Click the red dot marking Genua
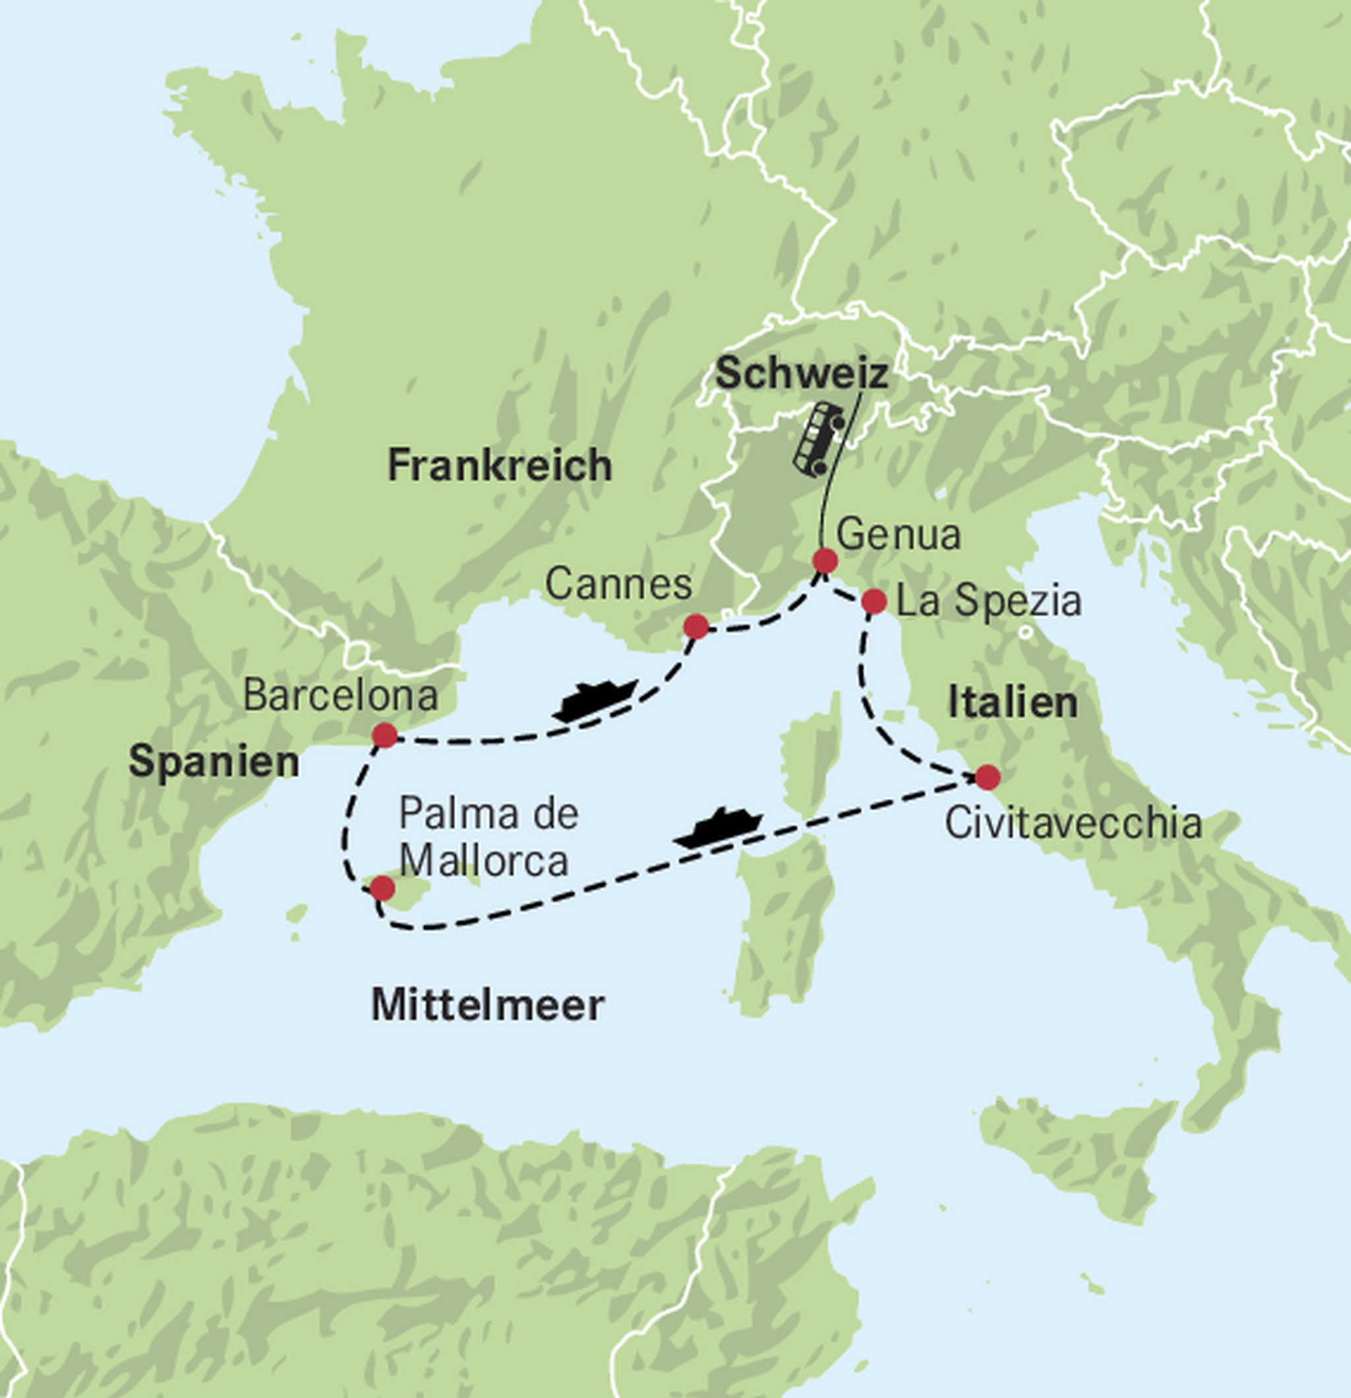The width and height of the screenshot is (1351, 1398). pyautogui.click(x=825, y=561)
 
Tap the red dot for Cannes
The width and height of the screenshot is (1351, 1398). pyautogui.click(x=696, y=627)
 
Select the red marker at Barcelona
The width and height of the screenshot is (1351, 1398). pyautogui.click(x=385, y=735)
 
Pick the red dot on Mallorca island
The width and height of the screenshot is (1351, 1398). pyautogui.click(x=383, y=889)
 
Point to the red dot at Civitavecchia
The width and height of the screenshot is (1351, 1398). pyautogui.click(x=988, y=777)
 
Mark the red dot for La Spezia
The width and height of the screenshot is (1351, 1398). pyautogui.click(x=874, y=601)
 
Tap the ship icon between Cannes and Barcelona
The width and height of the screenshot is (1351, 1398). pyautogui.click(x=594, y=700)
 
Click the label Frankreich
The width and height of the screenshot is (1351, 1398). pyautogui.click(x=499, y=466)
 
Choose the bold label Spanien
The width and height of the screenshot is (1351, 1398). pyautogui.click(x=214, y=762)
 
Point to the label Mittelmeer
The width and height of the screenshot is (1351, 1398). pyautogui.click(x=488, y=1005)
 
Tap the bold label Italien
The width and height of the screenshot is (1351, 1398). pyautogui.click(x=1012, y=703)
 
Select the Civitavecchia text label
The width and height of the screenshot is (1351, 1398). pyautogui.click(x=1073, y=824)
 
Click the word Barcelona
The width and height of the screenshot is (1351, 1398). pyautogui.click(x=340, y=695)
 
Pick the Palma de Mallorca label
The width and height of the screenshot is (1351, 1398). pyautogui.click(x=488, y=837)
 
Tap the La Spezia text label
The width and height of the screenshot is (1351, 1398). pyautogui.click(x=989, y=601)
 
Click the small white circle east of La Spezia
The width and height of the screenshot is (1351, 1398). pyautogui.click(x=1026, y=631)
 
